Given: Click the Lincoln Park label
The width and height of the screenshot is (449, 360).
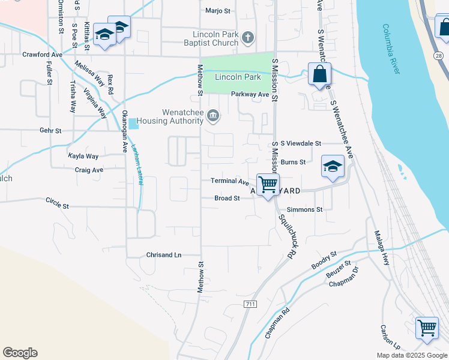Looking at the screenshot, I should (x=238, y=77).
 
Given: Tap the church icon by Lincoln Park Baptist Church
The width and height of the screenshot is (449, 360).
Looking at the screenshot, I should (x=249, y=38).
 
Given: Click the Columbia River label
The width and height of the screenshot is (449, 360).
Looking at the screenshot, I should (x=391, y=49).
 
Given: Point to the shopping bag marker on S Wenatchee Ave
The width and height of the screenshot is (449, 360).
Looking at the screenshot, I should (x=320, y=75).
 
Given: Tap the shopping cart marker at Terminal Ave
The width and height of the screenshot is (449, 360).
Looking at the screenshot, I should (x=268, y=184).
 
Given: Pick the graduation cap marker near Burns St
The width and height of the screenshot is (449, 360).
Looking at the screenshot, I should (x=333, y=167).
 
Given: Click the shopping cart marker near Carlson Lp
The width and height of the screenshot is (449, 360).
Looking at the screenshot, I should (x=427, y=328).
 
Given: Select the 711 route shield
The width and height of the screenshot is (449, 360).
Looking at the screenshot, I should (x=250, y=305).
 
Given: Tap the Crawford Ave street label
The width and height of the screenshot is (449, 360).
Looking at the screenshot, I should (x=43, y=55).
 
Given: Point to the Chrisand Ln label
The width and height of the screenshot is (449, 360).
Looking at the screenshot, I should (x=164, y=255).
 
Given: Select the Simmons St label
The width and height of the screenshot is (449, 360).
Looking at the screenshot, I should (x=305, y=209).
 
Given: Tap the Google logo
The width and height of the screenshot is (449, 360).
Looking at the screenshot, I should (x=20, y=353).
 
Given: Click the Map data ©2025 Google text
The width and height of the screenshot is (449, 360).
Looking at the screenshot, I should (x=411, y=355).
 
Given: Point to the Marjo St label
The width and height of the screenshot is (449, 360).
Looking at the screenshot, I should (x=218, y=11).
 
